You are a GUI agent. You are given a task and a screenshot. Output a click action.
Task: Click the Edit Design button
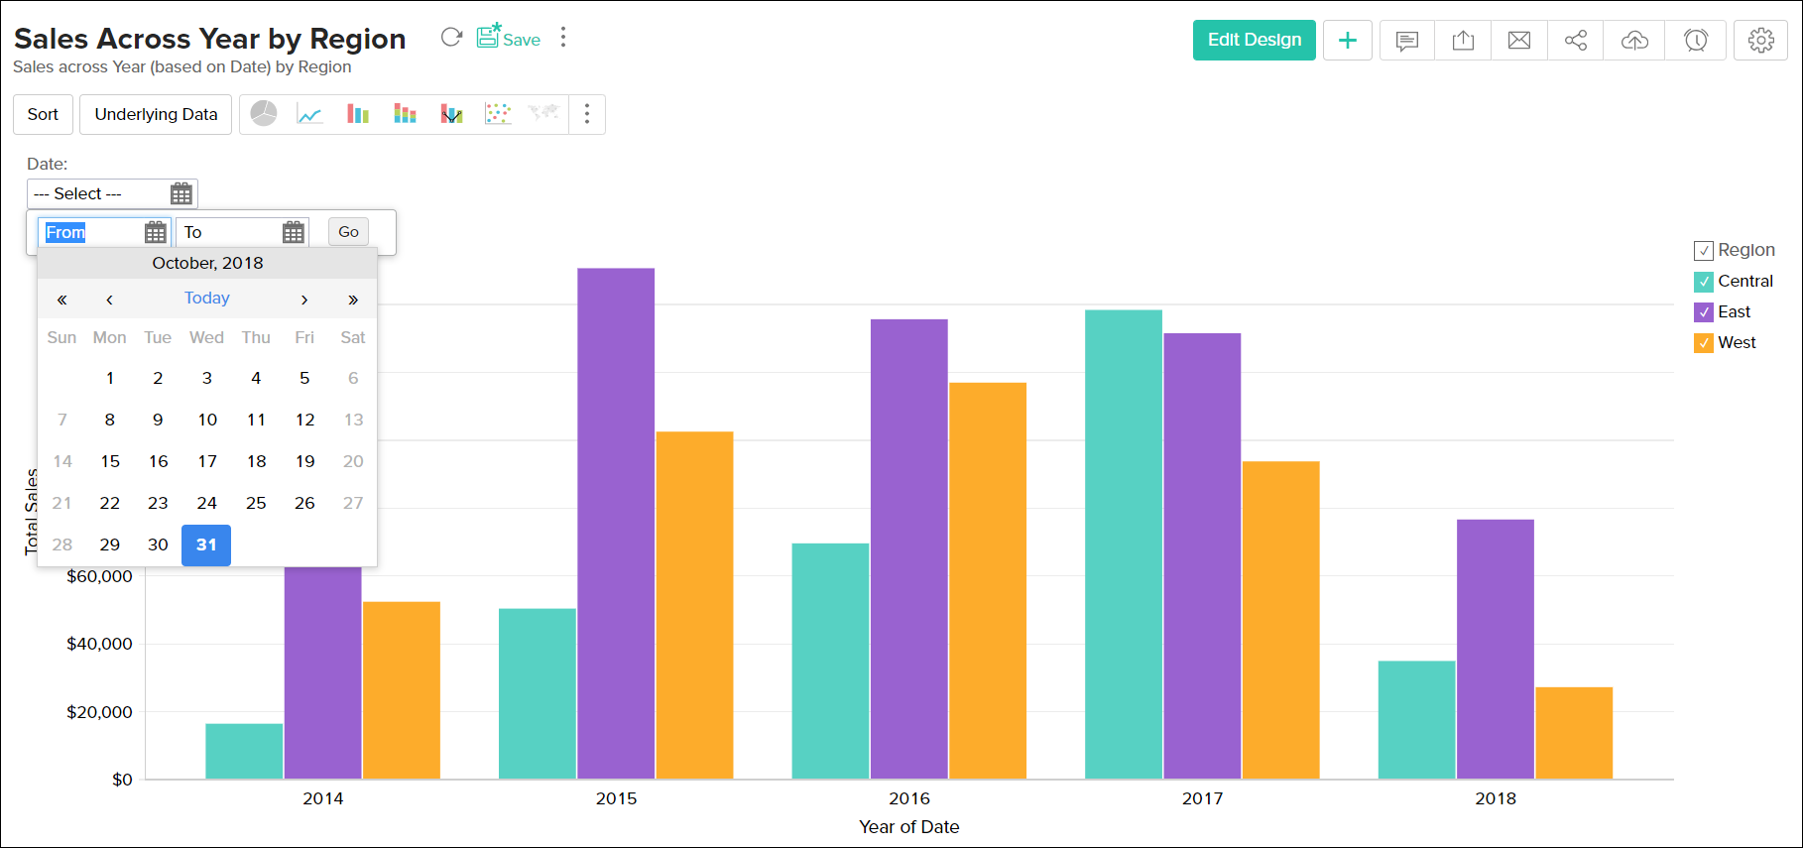(x=1254, y=40)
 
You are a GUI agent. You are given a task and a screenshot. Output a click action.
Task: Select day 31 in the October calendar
(x=206, y=545)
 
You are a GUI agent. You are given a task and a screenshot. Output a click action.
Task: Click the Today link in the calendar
(x=206, y=298)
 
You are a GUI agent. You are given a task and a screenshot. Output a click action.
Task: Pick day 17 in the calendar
(x=206, y=461)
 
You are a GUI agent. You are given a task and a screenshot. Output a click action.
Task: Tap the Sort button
(x=43, y=114)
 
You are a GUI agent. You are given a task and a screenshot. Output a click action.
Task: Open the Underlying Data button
(x=156, y=114)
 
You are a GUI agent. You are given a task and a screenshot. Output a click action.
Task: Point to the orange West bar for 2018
(x=1574, y=733)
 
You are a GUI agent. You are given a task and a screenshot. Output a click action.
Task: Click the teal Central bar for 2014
(x=244, y=751)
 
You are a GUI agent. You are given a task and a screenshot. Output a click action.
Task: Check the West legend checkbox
(x=1704, y=343)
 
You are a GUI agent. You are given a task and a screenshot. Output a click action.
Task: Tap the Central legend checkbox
(x=1704, y=282)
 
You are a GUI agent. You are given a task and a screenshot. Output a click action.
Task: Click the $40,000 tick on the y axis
(x=99, y=644)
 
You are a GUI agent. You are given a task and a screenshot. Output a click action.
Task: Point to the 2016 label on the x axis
(x=909, y=798)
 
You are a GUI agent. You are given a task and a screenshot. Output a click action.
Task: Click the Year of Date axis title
(x=908, y=827)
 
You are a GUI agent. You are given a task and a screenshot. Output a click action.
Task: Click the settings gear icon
(x=1760, y=40)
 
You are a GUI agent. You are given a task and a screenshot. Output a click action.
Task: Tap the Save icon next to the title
(x=508, y=38)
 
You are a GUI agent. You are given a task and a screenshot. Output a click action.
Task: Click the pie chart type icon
(x=264, y=114)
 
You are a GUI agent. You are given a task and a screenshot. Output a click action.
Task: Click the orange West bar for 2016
(x=988, y=580)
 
